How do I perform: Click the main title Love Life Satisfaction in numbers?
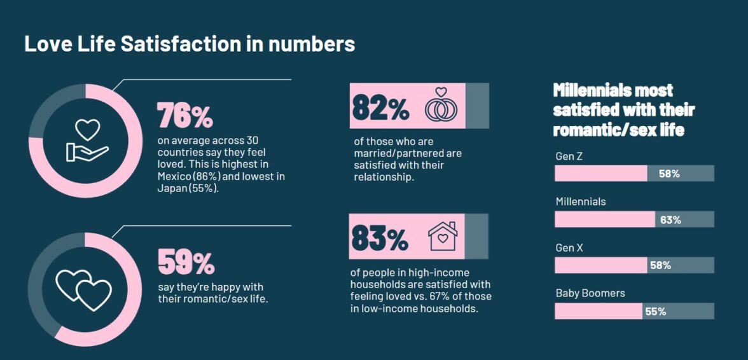[x=189, y=44]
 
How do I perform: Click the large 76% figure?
[x=184, y=115]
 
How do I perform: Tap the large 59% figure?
[x=186, y=261]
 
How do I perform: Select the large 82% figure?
[x=380, y=106]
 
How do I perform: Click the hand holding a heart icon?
[x=88, y=140]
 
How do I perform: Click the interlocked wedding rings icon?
[x=441, y=105]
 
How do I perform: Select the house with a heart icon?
[x=443, y=236]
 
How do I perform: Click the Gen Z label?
[x=569, y=156]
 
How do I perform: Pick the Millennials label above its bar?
[x=581, y=202]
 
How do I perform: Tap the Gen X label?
[x=569, y=248]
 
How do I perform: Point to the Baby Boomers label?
[x=590, y=294]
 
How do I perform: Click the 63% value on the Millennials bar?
[x=670, y=220]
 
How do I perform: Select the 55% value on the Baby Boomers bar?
[x=655, y=312]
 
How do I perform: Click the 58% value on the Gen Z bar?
[x=669, y=174]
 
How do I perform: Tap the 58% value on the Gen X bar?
[x=660, y=266]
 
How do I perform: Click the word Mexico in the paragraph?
[x=174, y=176]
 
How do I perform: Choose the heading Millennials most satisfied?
[x=623, y=109]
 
